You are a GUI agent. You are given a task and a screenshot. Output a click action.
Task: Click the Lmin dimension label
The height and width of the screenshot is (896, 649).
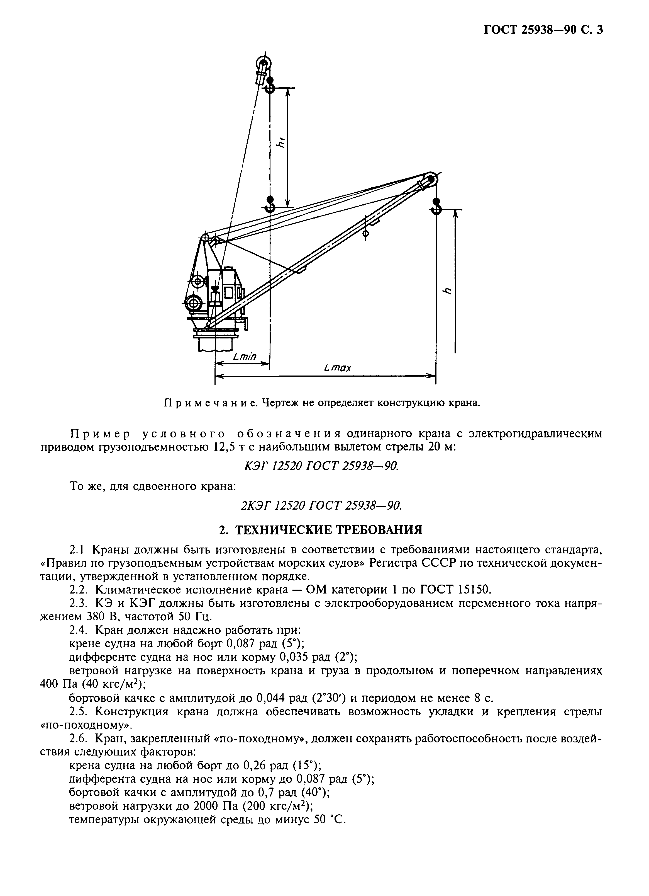coord(245,357)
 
